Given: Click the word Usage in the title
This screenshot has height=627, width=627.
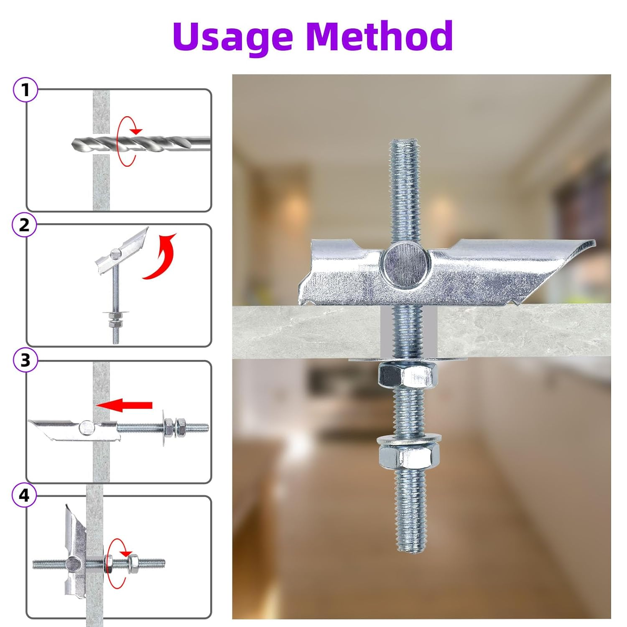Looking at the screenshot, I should [x=232, y=37].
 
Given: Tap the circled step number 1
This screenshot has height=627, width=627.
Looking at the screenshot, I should [x=25, y=90].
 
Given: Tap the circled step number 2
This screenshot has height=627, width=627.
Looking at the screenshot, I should [x=25, y=225].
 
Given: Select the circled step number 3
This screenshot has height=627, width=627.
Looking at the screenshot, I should [x=25, y=360].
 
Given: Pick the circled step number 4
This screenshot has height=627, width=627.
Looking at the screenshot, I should [x=24, y=495].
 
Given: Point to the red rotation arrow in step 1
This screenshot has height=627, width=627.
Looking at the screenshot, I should [x=125, y=142].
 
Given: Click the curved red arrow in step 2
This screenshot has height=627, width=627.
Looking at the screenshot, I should [x=161, y=257].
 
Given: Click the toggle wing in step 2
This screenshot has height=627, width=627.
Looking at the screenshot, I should [x=121, y=251].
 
